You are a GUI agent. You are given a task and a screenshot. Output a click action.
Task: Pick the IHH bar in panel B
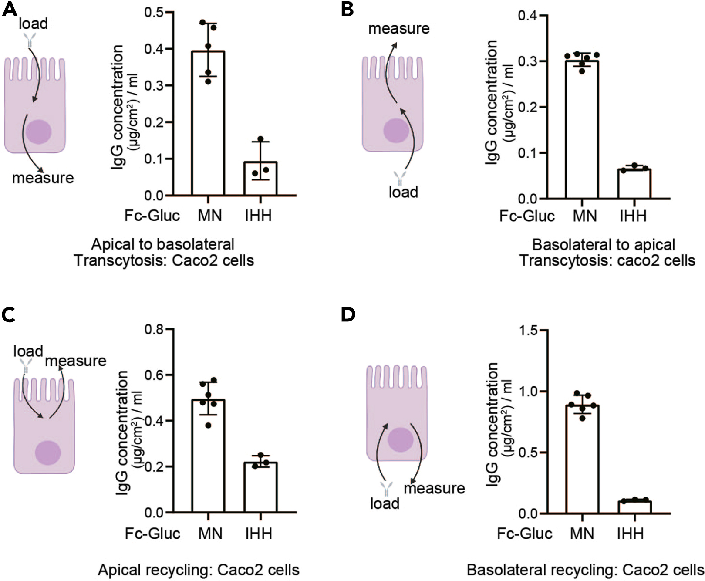pyautogui.click(x=634, y=184)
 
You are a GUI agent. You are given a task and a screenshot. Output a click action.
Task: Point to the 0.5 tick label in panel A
pyautogui.click(x=154, y=12)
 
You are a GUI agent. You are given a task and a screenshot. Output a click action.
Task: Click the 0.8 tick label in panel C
pyautogui.click(x=154, y=329)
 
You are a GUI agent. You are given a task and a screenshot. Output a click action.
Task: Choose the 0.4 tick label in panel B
pyautogui.click(x=528, y=16)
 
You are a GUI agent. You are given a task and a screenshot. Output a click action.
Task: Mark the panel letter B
pyautogui.click(x=347, y=10)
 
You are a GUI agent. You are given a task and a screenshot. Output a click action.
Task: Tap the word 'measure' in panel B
pyautogui.click(x=399, y=29)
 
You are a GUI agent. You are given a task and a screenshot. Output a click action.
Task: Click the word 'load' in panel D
pyautogui.click(x=385, y=503)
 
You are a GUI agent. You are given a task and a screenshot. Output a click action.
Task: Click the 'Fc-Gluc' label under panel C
pyautogui.click(x=152, y=534)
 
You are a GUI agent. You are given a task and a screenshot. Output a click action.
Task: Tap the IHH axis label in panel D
pyautogui.click(x=630, y=534)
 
